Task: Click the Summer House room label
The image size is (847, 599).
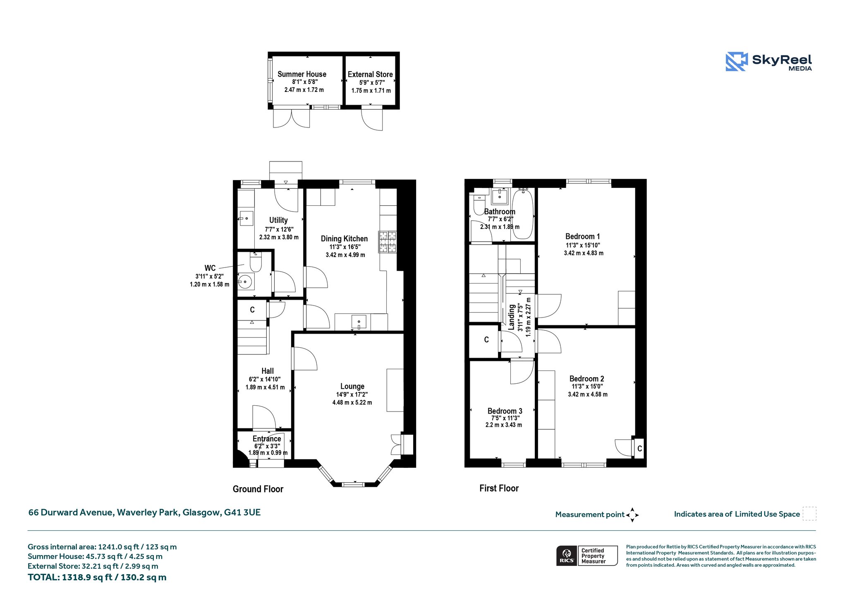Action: pyautogui.click(x=302, y=74)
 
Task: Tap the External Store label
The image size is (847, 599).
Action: pyautogui.click(x=370, y=75)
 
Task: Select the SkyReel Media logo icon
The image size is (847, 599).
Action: pyautogui.click(x=737, y=62)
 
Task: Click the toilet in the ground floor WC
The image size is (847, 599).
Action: pyautogui.click(x=256, y=262)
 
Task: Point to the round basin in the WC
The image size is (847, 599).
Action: pyautogui.click(x=246, y=282)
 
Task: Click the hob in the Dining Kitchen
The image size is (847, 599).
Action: pyautogui.click(x=387, y=242)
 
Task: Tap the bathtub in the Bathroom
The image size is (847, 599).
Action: pyautogui.click(x=522, y=214)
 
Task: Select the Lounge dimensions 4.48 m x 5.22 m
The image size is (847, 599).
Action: pyautogui.click(x=352, y=402)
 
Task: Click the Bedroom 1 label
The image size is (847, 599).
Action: pyautogui.click(x=583, y=236)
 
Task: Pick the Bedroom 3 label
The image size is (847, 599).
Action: pyautogui.click(x=505, y=411)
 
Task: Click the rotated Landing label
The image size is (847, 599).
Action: pyautogui.click(x=512, y=317)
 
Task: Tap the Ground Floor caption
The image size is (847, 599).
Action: pyautogui.click(x=258, y=489)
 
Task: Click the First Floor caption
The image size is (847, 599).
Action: pyautogui.click(x=499, y=488)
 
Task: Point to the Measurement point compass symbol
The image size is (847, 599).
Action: pyautogui.click(x=632, y=515)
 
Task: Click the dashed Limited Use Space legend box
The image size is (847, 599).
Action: pyautogui.click(x=809, y=514)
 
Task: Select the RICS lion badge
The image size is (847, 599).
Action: pyautogui.click(x=567, y=556)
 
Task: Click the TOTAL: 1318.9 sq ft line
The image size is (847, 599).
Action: pyautogui.click(x=97, y=577)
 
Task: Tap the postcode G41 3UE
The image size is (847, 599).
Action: pyautogui.click(x=242, y=512)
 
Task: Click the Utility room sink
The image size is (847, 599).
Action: pyautogui.click(x=246, y=218)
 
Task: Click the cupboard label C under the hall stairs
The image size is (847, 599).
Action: pyautogui.click(x=252, y=310)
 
